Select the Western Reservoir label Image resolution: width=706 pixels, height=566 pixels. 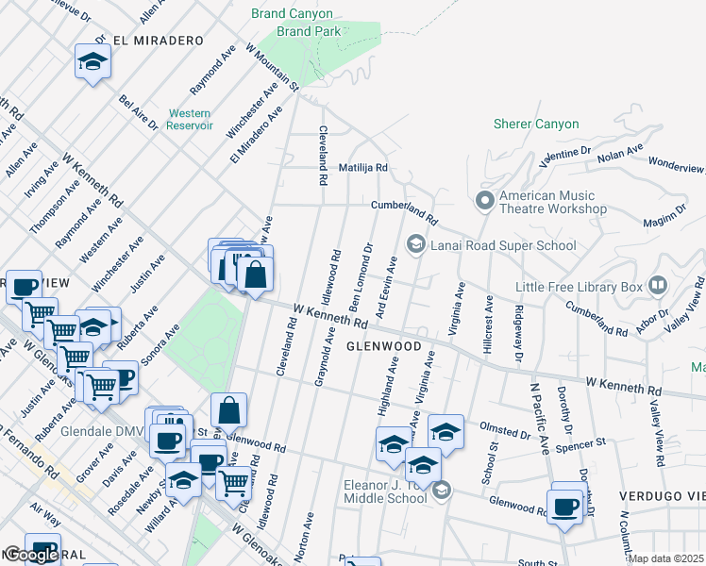[190, 119]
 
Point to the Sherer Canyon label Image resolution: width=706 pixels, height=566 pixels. [536, 124]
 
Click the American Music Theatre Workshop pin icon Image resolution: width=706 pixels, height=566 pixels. [485, 201]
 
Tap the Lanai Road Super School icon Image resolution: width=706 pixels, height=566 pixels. [414, 245]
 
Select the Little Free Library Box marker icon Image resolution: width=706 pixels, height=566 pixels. [658, 286]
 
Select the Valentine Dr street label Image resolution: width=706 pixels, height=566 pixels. [564, 154]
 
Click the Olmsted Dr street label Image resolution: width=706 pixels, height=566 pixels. [505, 434]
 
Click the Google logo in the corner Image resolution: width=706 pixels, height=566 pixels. [31, 555]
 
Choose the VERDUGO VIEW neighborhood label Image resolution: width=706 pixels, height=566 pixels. [662, 496]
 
